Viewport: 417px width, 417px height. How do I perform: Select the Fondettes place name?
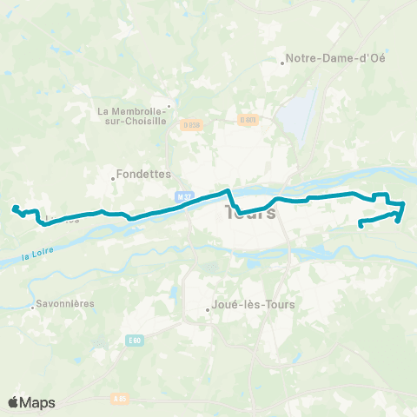[x=144, y=174]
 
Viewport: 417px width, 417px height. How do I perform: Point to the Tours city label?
[x=251, y=213]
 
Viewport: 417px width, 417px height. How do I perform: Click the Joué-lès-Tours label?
[x=255, y=305]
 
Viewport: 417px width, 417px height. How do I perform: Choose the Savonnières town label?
[x=65, y=305]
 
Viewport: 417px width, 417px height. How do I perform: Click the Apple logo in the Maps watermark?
[x=14, y=402]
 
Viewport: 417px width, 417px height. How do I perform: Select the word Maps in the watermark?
[x=38, y=402]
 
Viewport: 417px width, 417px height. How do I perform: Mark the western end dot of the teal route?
[x=14, y=208]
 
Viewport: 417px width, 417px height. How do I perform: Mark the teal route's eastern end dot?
[x=360, y=226]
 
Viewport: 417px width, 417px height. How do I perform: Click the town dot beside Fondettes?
[x=113, y=180]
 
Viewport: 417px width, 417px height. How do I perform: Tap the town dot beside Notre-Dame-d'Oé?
[x=283, y=63]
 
